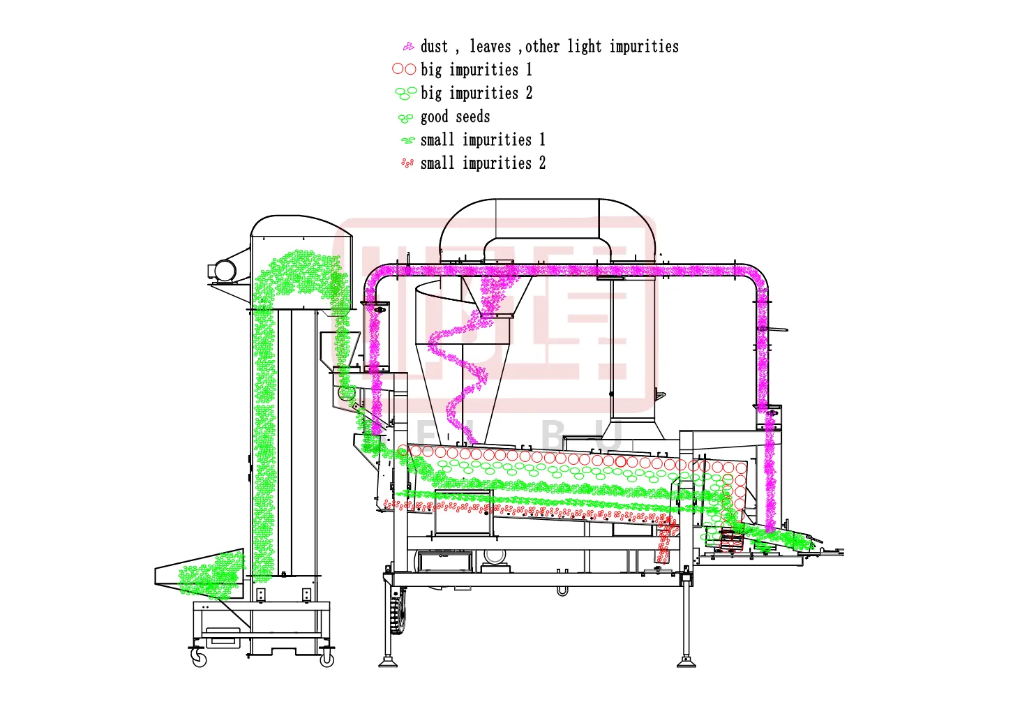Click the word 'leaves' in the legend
point(490,47)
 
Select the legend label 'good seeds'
point(455,117)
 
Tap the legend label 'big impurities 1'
point(476,70)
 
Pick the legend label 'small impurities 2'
point(483,163)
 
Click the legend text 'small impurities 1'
point(483,140)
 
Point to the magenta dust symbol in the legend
point(408,47)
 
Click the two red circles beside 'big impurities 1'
point(404,69)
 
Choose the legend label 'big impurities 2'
point(476,93)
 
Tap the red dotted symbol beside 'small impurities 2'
point(407,163)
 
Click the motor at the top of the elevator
point(225,270)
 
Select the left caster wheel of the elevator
point(200,659)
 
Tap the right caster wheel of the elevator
point(326,659)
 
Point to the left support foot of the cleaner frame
point(388,660)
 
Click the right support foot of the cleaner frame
point(686,660)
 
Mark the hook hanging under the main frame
point(562,591)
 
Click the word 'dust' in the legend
point(434,47)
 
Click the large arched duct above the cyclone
point(548,223)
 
